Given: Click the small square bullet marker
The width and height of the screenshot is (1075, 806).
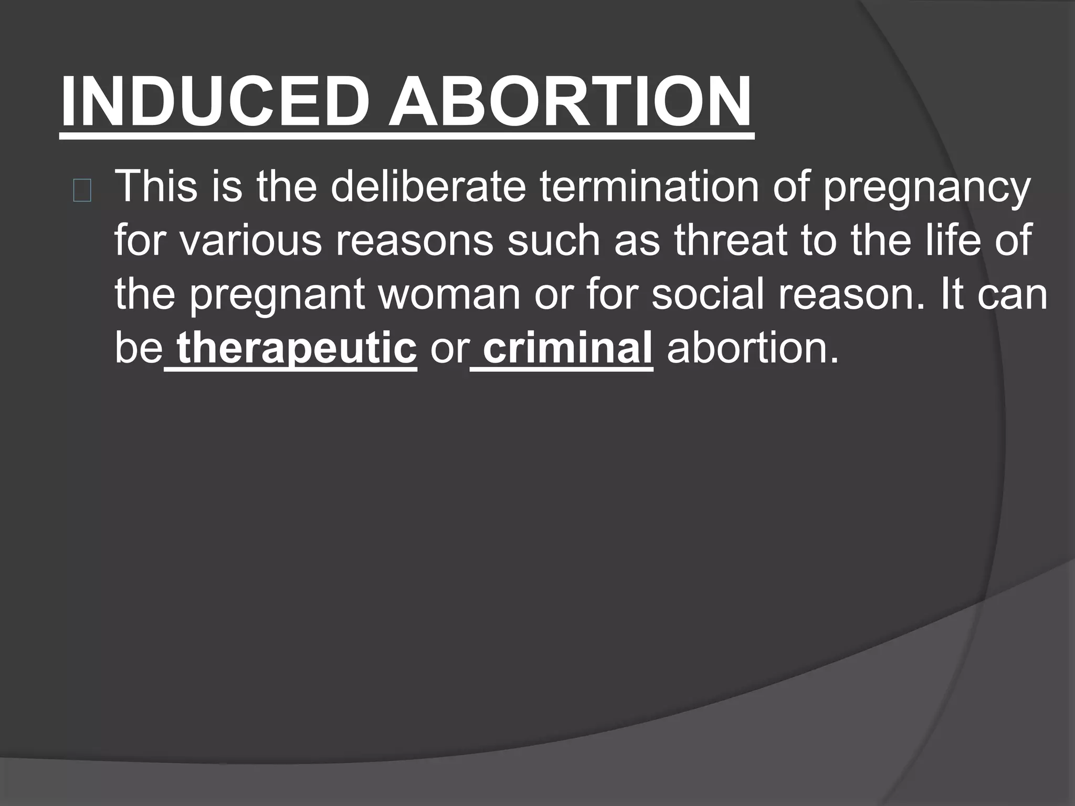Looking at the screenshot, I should (82, 193).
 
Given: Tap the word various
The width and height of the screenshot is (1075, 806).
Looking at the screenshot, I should (252, 240).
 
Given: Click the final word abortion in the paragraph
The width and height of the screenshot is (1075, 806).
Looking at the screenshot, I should (752, 348).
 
